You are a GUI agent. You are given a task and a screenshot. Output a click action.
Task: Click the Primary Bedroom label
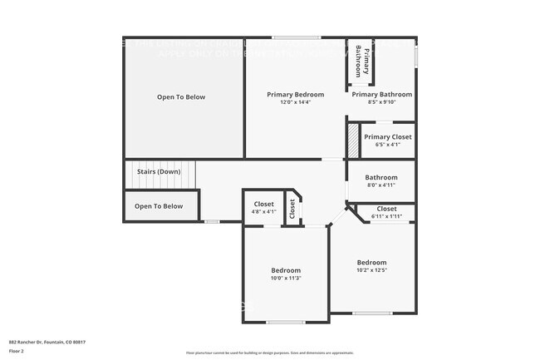(295, 95)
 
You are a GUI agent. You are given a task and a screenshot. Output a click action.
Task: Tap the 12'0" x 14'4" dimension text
(295, 103)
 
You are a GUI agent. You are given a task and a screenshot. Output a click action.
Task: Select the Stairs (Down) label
(158, 172)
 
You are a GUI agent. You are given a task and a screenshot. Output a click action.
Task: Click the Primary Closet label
(387, 137)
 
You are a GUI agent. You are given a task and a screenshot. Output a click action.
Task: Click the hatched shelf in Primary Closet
(353, 140)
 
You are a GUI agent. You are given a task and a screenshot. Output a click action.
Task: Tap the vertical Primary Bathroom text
(359, 61)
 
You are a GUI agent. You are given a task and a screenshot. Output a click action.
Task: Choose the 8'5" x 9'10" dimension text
(381, 103)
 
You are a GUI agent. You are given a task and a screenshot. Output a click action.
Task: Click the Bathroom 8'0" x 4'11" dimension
(381, 185)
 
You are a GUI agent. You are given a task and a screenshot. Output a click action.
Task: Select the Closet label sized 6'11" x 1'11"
(386, 209)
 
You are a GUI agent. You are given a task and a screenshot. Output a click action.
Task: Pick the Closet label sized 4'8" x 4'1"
(263, 204)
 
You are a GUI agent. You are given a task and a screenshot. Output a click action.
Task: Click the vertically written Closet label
(292, 210)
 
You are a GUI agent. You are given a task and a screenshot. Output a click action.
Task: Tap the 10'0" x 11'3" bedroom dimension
(285, 279)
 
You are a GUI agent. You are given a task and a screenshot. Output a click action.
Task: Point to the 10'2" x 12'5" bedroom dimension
(371, 269)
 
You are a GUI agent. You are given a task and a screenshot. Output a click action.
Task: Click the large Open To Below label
(181, 97)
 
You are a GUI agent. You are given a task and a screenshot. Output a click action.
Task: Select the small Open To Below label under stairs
(159, 206)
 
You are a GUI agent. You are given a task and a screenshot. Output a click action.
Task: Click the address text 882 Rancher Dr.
(47, 342)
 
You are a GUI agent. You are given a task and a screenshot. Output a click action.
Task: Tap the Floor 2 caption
(17, 351)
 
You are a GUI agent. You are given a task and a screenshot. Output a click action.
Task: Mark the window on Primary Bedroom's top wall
(296, 37)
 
